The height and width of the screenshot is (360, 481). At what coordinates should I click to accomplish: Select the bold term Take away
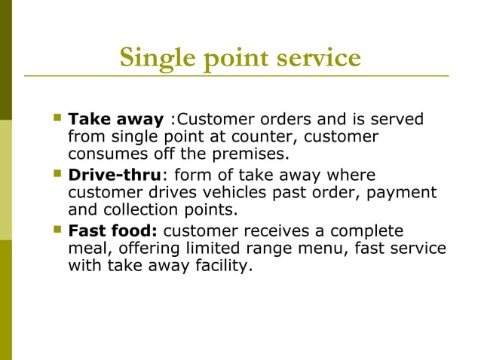[x=115, y=120]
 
